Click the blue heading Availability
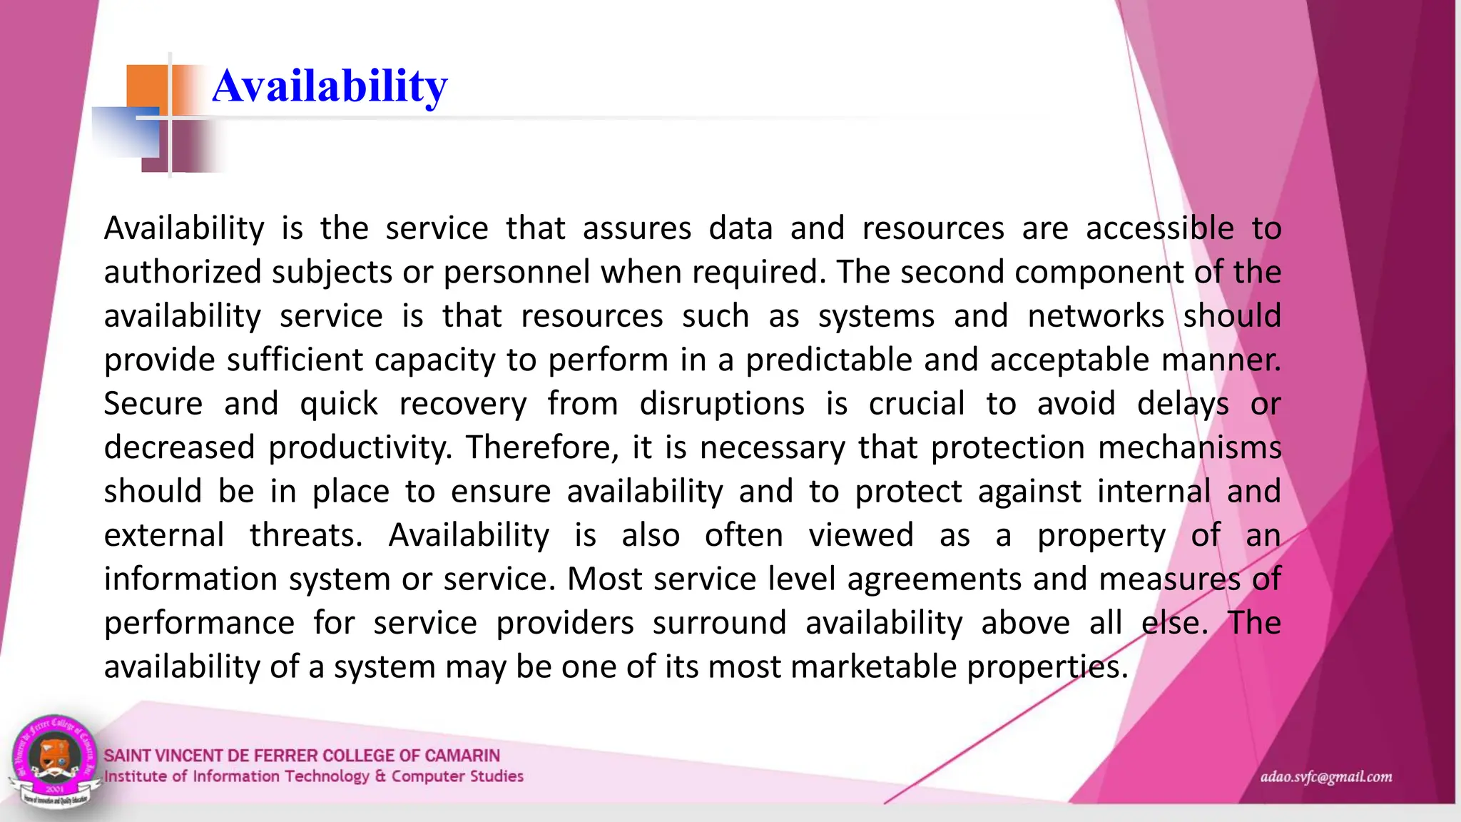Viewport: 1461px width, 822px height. click(x=330, y=86)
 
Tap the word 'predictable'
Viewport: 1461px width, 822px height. click(x=828, y=360)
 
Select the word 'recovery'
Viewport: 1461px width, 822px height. click(x=462, y=404)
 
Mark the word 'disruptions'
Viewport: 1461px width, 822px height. click(x=722, y=404)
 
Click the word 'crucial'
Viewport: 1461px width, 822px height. click(x=917, y=404)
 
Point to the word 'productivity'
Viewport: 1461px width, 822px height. click(x=360, y=448)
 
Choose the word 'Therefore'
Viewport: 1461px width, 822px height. click(x=542, y=447)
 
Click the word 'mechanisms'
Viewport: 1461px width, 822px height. click(x=1189, y=447)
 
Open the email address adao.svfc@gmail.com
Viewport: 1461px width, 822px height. click(x=1325, y=777)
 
